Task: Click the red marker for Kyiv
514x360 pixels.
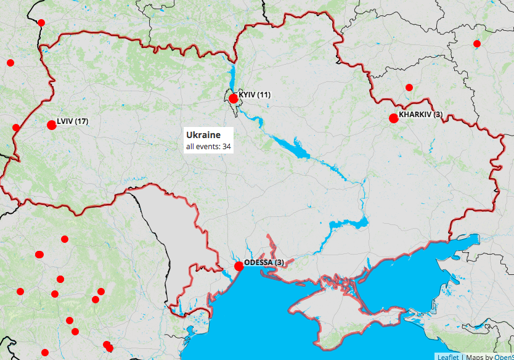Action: click(233, 99)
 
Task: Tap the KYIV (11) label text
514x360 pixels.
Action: click(255, 94)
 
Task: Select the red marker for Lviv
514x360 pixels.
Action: click(51, 125)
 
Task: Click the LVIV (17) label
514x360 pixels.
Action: click(72, 121)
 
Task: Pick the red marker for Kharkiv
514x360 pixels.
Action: click(393, 118)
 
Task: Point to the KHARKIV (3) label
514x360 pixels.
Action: click(420, 114)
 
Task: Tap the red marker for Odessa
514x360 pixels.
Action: click(239, 266)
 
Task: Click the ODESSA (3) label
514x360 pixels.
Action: click(264, 262)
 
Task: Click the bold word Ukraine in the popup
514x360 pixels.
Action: click(203, 135)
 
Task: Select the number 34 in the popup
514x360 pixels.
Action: click(227, 147)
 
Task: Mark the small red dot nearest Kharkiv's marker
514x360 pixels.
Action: click(409, 88)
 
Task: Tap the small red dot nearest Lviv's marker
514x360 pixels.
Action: click(16, 128)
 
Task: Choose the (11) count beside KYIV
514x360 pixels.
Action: click(264, 94)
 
